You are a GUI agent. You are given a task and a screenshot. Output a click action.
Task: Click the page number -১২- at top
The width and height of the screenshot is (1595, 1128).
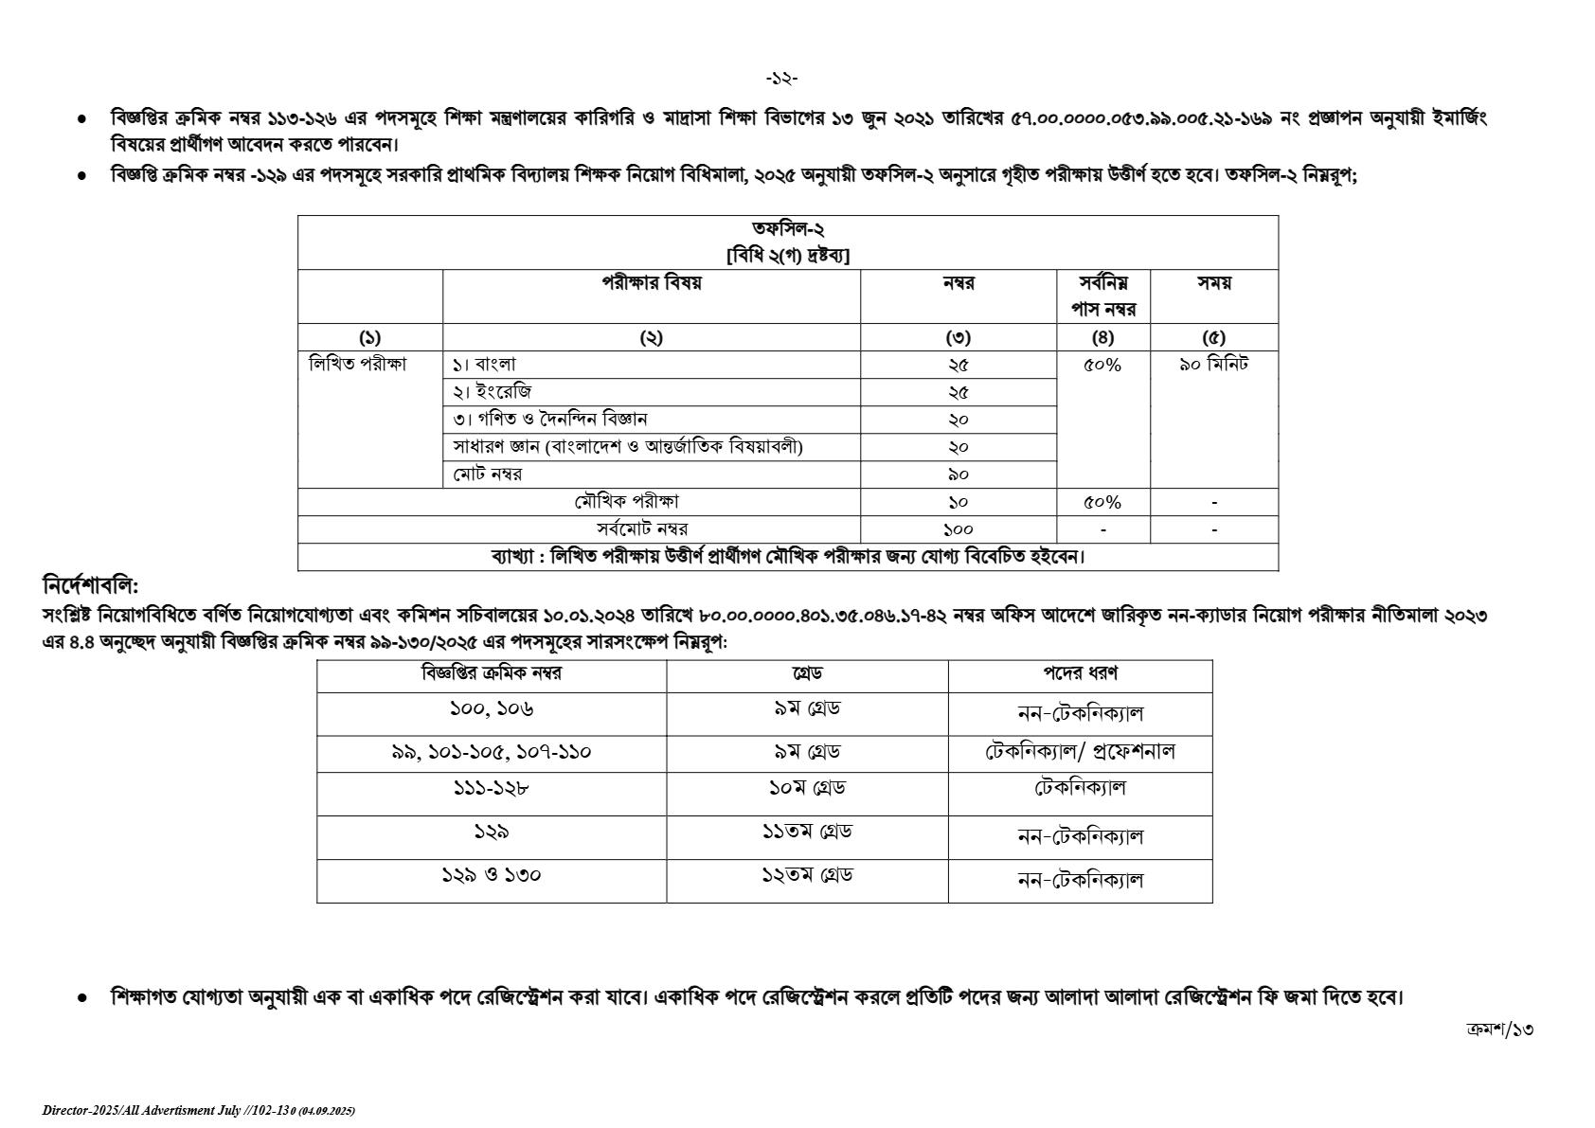click(781, 79)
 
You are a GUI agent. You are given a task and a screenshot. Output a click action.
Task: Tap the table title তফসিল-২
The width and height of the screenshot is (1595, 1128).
click(788, 229)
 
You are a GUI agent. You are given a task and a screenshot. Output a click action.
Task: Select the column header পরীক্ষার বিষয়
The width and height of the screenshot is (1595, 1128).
click(651, 283)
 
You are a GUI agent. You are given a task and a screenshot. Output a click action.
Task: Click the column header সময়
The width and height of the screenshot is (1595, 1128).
click(1213, 283)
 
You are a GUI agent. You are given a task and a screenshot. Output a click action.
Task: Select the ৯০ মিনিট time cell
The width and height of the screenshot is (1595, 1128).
click(1213, 365)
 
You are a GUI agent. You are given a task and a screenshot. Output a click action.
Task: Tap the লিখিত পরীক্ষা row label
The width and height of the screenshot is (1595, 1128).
click(358, 365)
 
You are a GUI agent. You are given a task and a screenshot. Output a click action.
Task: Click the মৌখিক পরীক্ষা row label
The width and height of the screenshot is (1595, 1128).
click(626, 502)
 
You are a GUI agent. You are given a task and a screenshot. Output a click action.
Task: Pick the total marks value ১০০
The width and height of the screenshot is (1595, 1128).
click(958, 529)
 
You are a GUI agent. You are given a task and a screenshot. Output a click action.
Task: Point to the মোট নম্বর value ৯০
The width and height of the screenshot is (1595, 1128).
click(958, 474)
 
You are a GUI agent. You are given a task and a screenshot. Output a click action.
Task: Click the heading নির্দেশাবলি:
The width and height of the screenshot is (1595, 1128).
click(91, 585)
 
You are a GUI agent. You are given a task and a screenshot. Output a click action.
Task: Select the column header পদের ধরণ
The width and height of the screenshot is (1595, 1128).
click(1080, 673)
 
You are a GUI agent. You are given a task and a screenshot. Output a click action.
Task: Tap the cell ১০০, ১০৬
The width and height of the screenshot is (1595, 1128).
click(491, 709)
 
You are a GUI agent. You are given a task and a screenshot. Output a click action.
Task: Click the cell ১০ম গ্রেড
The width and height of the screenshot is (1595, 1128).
click(806, 788)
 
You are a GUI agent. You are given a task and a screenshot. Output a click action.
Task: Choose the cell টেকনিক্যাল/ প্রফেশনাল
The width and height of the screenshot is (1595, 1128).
click(1080, 752)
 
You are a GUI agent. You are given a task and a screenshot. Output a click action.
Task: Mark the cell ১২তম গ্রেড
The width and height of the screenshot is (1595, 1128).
click(806, 876)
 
